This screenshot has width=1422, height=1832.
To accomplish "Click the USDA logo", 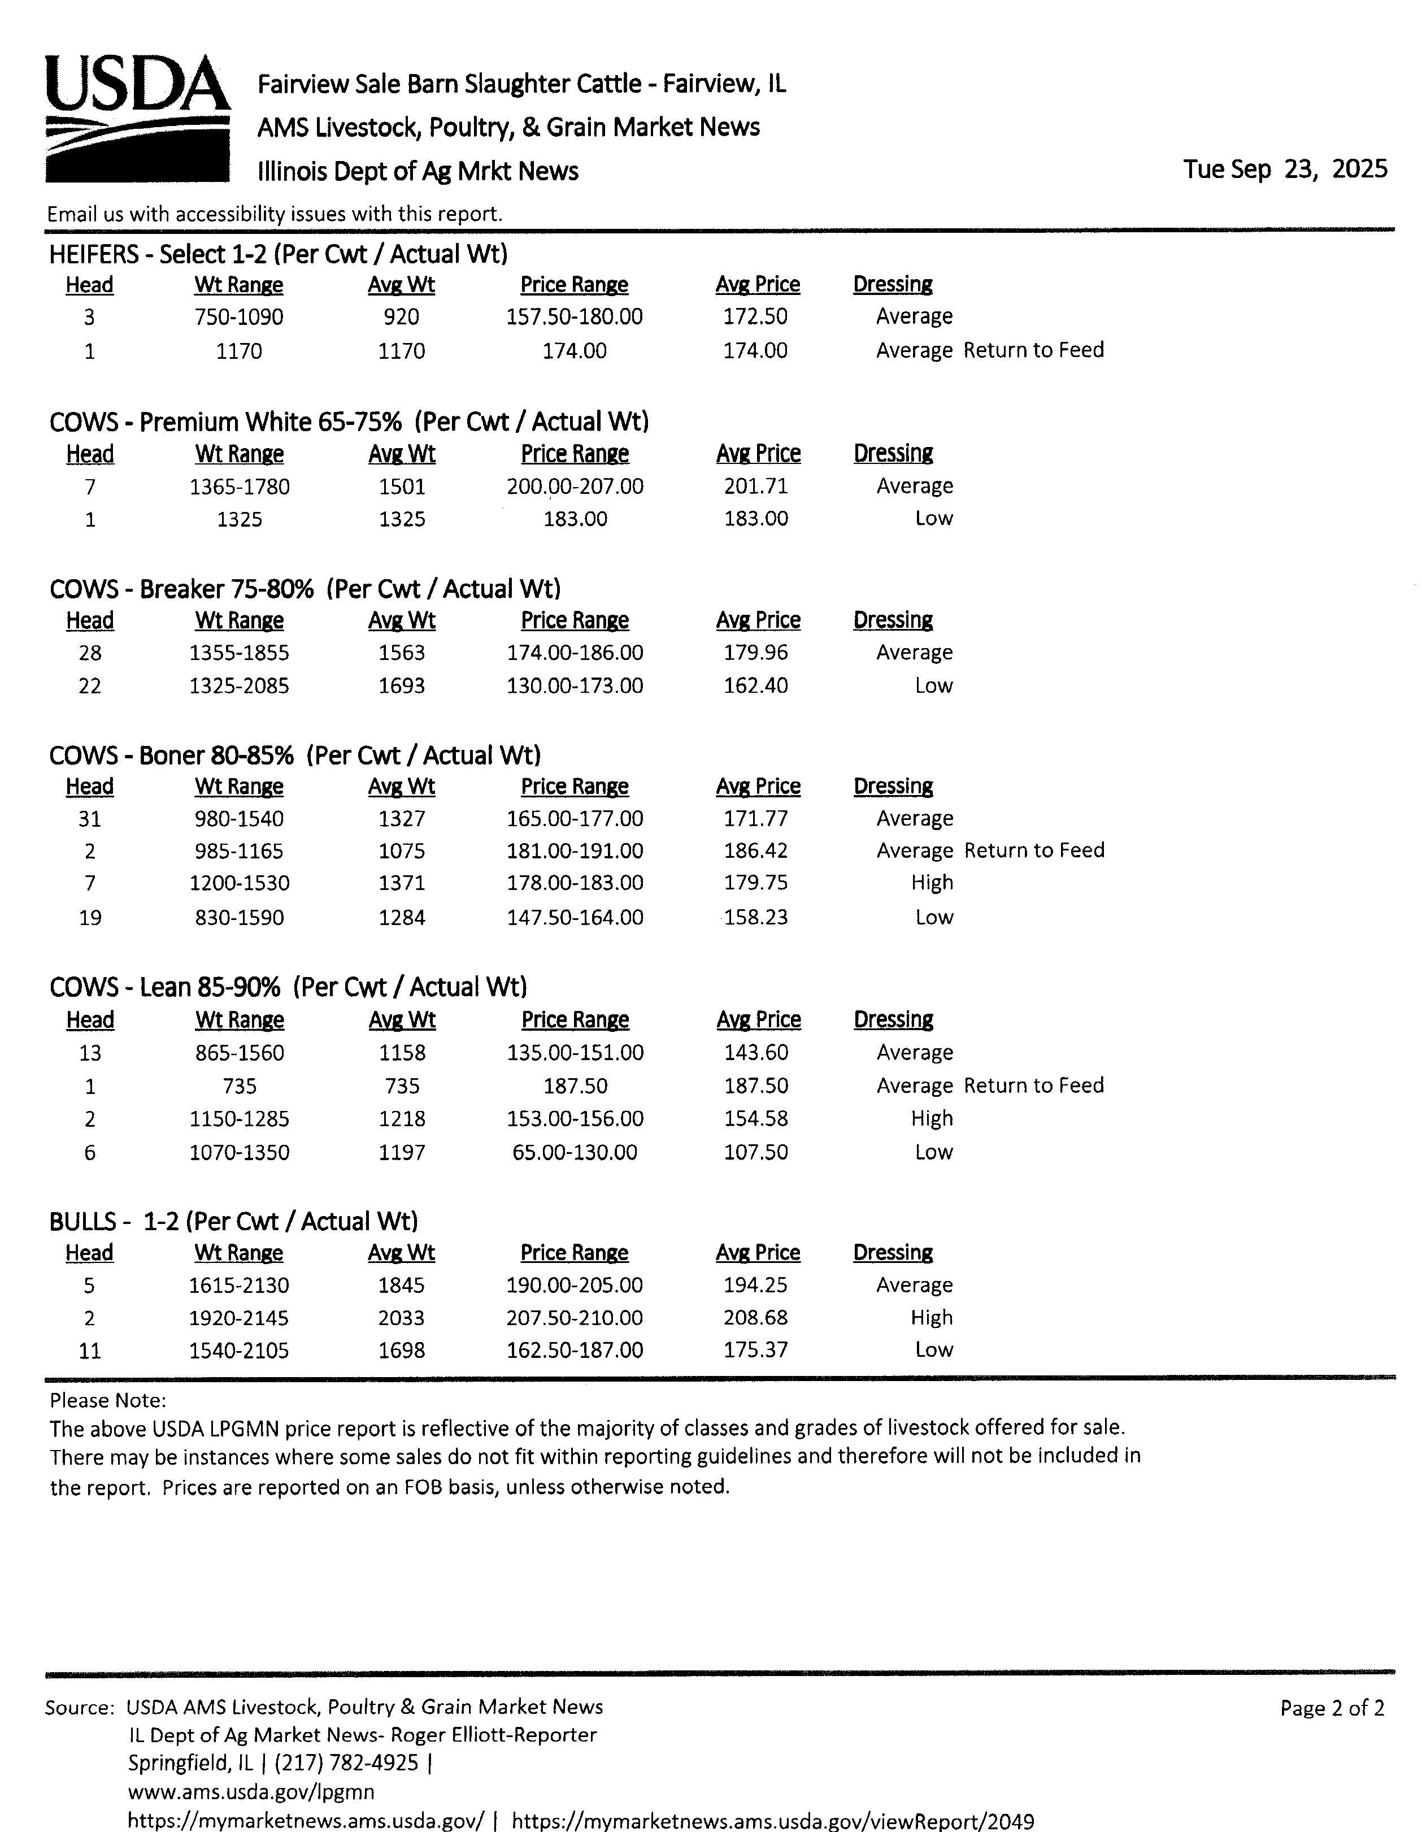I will (x=137, y=118).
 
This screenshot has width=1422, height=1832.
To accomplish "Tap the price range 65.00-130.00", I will (x=575, y=1152).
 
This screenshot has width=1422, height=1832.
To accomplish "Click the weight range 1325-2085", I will (x=239, y=686).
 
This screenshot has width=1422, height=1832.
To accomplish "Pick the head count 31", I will (x=90, y=819).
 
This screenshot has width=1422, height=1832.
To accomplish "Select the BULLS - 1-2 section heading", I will (x=233, y=1221).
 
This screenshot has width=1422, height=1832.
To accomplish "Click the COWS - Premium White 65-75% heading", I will (x=349, y=421).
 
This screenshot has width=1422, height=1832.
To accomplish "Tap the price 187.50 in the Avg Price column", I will (x=755, y=1086).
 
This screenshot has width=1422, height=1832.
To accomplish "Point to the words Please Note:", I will (x=107, y=1400).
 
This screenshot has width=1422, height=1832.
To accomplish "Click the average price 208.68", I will (x=755, y=1318).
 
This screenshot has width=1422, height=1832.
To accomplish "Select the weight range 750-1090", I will (x=239, y=317).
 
